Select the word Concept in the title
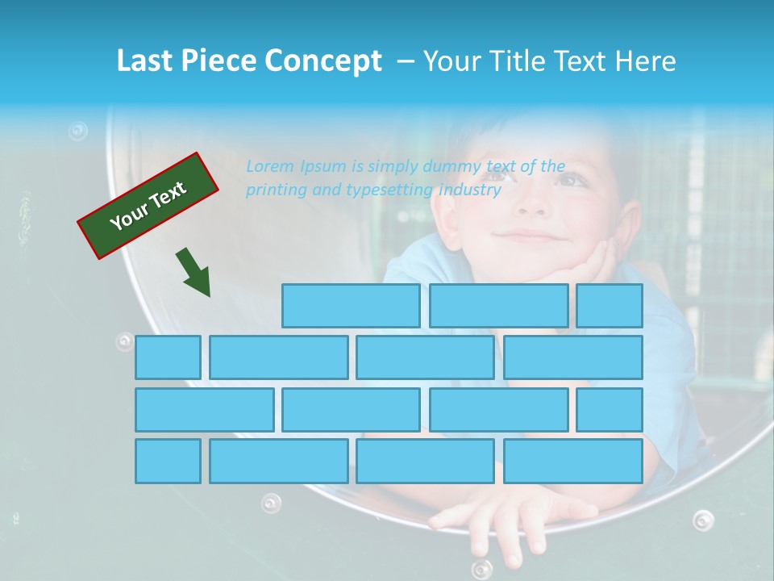click(x=323, y=61)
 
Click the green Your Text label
click(x=148, y=205)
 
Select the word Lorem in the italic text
click(x=270, y=167)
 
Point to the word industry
click(x=470, y=190)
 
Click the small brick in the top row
click(x=610, y=306)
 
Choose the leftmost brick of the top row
click(x=351, y=306)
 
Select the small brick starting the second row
click(x=168, y=357)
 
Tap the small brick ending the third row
click(x=610, y=410)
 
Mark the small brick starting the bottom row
click(x=168, y=462)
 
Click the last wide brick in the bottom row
click(x=573, y=462)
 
